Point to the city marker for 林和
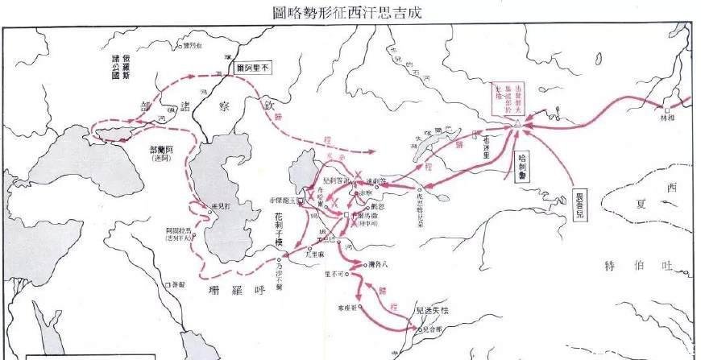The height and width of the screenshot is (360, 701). pos(667,110)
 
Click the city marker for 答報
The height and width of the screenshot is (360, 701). pos(168,284)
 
